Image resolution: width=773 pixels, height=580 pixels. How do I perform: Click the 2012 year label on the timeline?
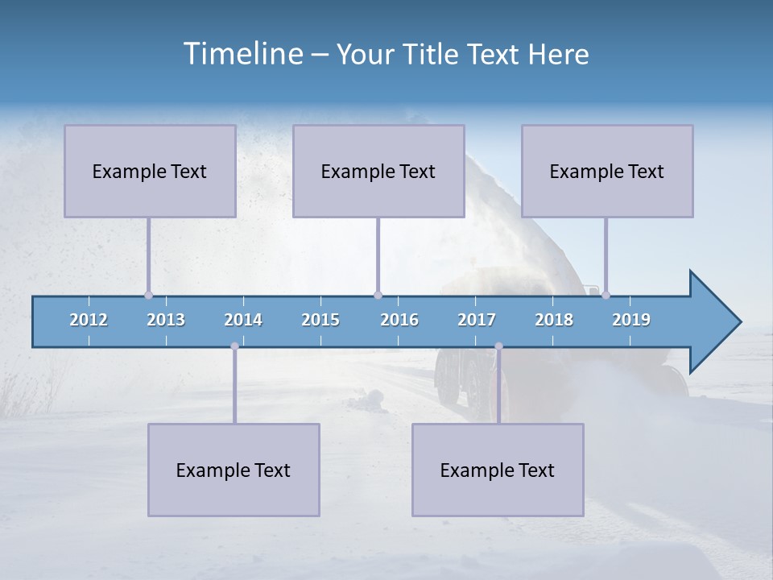pyautogui.click(x=89, y=320)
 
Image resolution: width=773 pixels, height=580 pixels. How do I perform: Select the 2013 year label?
pyautogui.click(x=166, y=320)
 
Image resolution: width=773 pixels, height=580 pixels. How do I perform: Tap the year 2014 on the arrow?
pyautogui.click(x=243, y=320)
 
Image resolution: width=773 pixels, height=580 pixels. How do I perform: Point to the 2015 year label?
pyautogui.click(x=320, y=320)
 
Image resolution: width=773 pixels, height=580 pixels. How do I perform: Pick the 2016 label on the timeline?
pyautogui.click(x=399, y=320)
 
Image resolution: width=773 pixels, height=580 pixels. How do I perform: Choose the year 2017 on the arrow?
pyautogui.click(x=477, y=320)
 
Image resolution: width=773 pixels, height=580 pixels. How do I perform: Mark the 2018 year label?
pyautogui.click(x=554, y=320)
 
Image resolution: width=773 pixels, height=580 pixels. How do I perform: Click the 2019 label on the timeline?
pyautogui.click(x=631, y=320)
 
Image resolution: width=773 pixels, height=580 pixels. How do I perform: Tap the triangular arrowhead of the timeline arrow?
pyautogui.click(x=713, y=321)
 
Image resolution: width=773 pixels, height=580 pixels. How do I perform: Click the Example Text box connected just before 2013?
pyautogui.click(x=150, y=171)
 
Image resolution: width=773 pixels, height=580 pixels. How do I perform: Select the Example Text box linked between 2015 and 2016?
pyautogui.click(x=378, y=171)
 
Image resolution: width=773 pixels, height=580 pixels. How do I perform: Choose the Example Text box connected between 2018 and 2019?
pyautogui.click(x=607, y=171)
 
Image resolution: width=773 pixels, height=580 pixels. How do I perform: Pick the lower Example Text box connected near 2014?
pyautogui.click(x=234, y=470)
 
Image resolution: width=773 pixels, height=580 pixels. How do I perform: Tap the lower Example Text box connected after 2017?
pyautogui.click(x=498, y=470)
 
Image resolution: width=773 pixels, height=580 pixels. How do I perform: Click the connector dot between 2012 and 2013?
pyautogui.click(x=148, y=295)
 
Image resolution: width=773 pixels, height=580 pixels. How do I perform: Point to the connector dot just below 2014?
pyautogui.click(x=234, y=346)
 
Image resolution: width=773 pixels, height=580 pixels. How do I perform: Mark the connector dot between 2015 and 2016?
pyautogui.click(x=378, y=295)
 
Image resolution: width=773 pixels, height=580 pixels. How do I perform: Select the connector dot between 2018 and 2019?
pyautogui.click(x=606, y=295)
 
